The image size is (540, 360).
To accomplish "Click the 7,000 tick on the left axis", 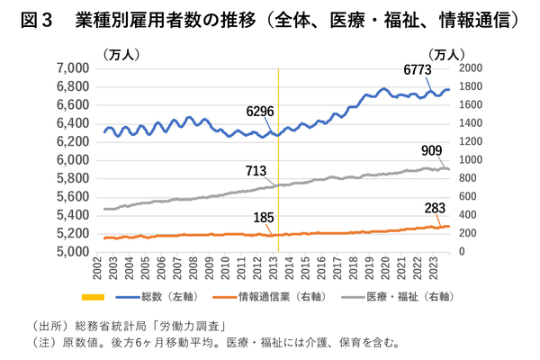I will pyautogui.click(x=72, y=68).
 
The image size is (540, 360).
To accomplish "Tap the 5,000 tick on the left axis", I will pyautogui.click(x=72, y=252).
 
